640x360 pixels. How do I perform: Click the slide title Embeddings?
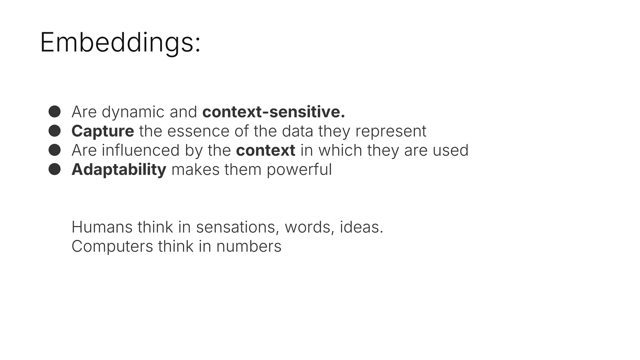point(120,42)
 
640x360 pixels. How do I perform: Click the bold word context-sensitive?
point(273,112)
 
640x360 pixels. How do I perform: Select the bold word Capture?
point(102,131)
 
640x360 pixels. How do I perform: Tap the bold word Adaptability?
point(119,170)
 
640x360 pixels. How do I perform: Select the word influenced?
point(141,150)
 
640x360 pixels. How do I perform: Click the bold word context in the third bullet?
point(265,151)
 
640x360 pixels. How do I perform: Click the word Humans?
point(102,227)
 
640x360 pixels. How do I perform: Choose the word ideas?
point(361,227)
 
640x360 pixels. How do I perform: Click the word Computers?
point(112,247)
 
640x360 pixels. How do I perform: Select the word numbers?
point(249,247)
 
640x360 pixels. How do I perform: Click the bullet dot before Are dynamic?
point(55,112)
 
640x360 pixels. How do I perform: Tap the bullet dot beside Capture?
point(55,131)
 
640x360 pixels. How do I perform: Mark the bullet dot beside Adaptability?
point(55,169)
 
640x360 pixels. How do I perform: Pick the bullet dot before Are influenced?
point(55,150)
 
